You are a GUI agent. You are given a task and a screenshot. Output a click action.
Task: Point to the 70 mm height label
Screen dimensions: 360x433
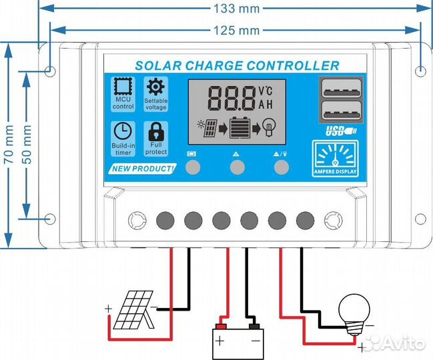coord(9,145)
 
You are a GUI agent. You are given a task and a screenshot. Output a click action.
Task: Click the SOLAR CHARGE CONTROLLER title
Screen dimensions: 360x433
coord(237,65)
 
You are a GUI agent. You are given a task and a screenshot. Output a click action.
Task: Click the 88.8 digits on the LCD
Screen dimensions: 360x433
coord(232,98)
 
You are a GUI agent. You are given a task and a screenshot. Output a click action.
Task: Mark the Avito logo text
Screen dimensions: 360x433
coord(400,342)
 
